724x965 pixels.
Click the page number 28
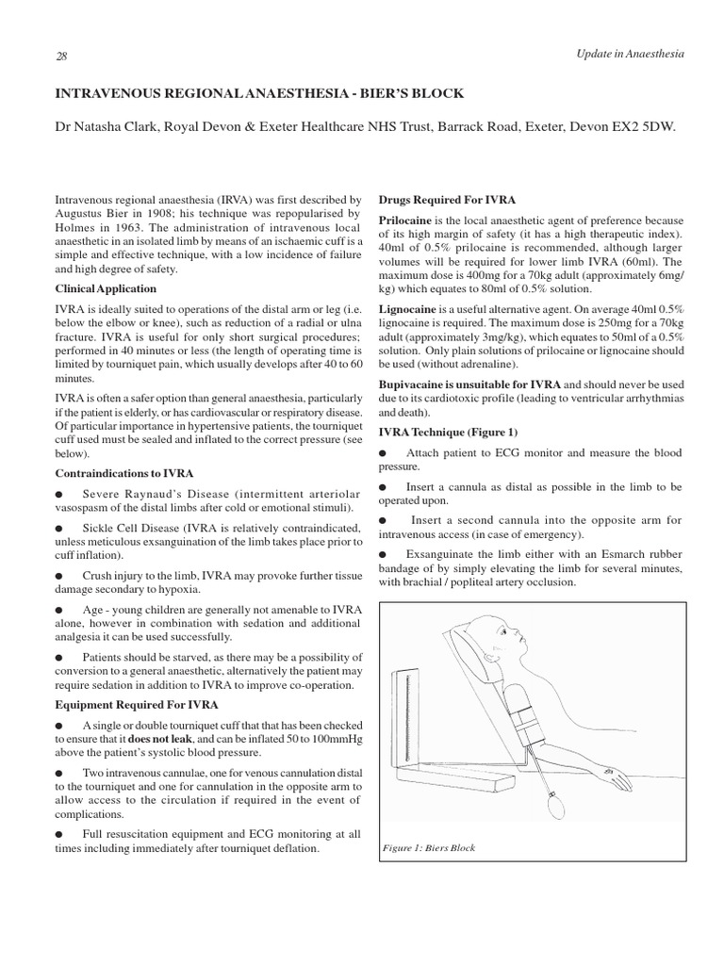pyautogui.click(x=62, y=56)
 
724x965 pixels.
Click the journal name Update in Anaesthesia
pyautogui.click(x=630, y=54)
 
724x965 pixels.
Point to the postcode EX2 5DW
pyautogui.click(x=644, y=126)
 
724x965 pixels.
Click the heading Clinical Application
pyautogui.click(x=106, y=288)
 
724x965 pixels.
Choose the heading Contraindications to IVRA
pyautogui.click(x=124, y=472)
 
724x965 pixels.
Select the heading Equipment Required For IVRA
pyautogui.click(x=136, y=704)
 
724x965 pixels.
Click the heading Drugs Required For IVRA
pyautogui.click(x=446, y=200)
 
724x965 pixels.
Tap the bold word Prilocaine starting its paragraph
pyautogui.click(x=405, y=220)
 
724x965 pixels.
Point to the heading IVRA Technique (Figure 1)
pyautogui.click(x=448, y=431)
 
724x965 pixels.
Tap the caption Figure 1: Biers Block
pyautogui.click(x=429, y=847)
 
